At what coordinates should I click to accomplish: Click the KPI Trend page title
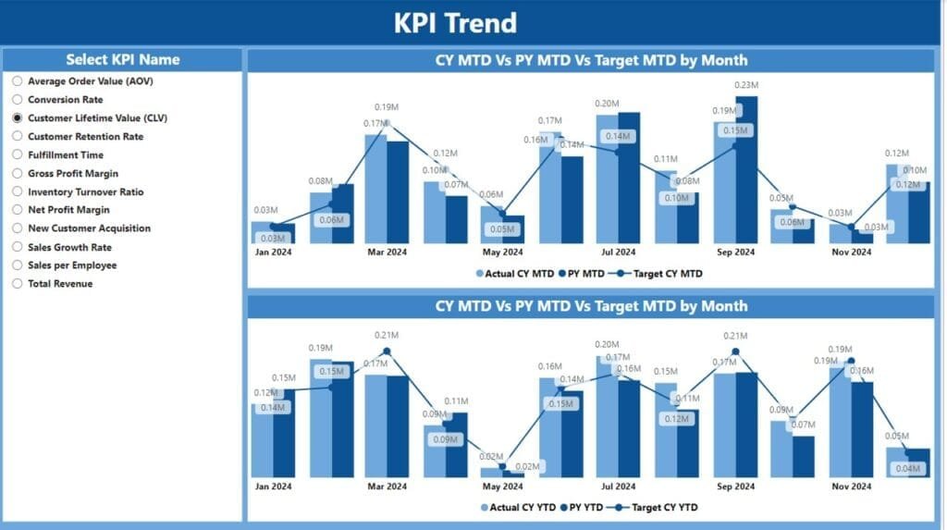455,22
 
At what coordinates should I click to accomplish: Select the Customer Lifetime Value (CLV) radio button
17,118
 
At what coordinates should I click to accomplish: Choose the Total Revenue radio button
17,284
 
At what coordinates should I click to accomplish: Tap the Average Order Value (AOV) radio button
17,81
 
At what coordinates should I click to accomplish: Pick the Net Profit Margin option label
68,210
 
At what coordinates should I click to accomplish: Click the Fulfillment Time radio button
17,155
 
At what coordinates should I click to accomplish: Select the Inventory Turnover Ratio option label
86,192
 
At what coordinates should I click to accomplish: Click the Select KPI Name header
123,59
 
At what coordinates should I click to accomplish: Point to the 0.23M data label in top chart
746,85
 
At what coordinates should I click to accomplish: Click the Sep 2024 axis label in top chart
735,252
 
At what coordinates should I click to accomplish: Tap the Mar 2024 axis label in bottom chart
387,486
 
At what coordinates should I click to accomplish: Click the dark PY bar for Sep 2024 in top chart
746,171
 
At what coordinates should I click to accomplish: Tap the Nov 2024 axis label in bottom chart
851,486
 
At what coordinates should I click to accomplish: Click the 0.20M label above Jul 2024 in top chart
608,104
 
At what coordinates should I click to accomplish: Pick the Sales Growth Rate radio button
17,247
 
